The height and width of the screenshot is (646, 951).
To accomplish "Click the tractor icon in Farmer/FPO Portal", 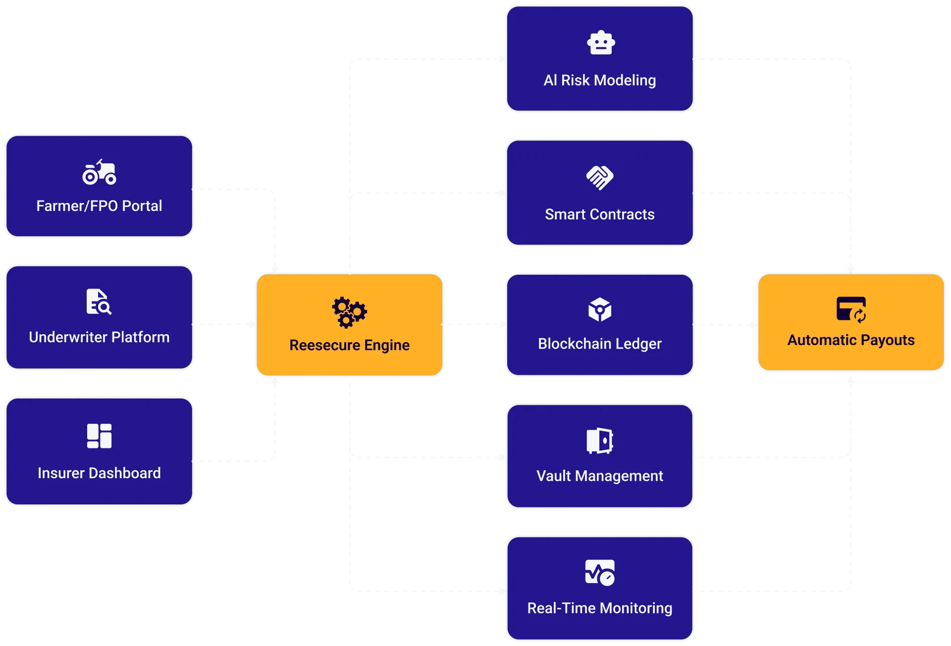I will point(99,172).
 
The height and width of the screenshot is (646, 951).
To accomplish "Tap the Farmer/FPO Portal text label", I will point(99,206).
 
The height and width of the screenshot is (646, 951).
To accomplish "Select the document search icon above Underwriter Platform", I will point(99,301).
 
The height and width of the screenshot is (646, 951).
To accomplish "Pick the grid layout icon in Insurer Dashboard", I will point(99,436).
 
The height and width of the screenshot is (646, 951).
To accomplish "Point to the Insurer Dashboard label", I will point(99,473).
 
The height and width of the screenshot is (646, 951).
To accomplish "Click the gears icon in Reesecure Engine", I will point(349,312).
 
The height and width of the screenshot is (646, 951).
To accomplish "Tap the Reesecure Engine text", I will point(349,345).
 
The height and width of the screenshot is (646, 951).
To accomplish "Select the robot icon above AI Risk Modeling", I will point(600,43).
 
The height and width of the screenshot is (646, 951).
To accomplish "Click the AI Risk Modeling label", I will point(600,80).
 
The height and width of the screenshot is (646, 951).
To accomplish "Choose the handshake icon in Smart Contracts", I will point(600,178).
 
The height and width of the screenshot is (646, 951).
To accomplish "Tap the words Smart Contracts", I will point(600,214).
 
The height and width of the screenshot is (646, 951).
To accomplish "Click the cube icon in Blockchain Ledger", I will point(600,310).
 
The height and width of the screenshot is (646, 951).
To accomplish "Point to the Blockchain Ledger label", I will point(600,344).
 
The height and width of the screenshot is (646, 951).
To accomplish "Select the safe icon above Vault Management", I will point(600,441).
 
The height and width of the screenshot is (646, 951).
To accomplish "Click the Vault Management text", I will point(600,476).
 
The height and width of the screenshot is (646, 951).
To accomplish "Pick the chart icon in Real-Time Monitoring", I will point(600,573).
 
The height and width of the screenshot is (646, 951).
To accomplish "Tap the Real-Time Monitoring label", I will point(600,608).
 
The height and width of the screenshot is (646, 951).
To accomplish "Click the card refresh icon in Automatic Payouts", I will point(851,309).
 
